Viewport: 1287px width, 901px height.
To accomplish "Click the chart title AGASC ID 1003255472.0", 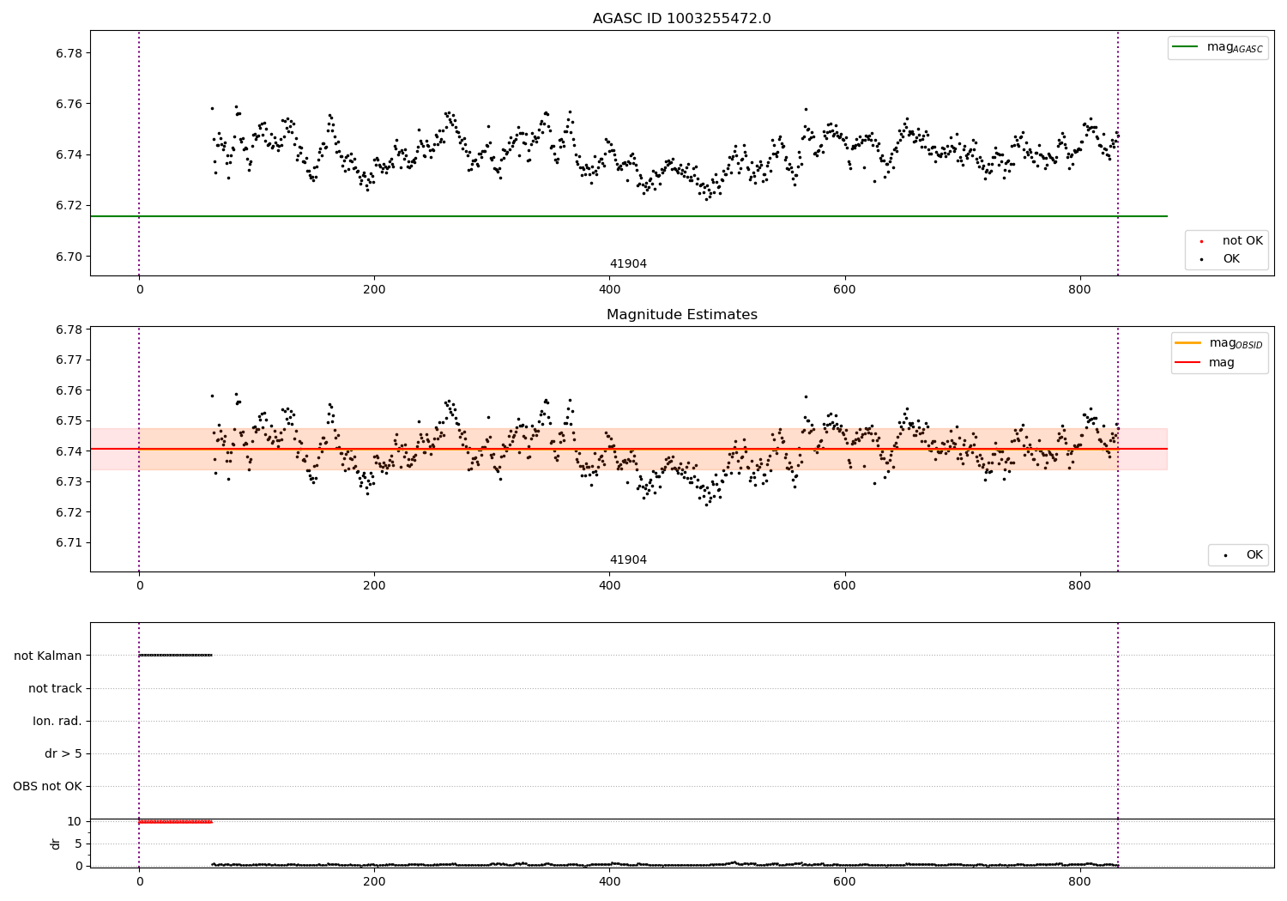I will (x=681, y=19).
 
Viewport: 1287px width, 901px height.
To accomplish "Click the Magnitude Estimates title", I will (x=681, y=315).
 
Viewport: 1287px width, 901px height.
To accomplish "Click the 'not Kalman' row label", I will (x=47, y=656).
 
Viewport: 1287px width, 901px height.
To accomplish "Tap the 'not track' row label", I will (x=55, y=688).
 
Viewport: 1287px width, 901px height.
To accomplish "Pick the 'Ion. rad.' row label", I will (x=57, y=721).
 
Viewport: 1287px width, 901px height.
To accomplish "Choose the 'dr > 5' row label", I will (x=63, y=753).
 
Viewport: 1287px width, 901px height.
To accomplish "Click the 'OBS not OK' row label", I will (x=47, y=786).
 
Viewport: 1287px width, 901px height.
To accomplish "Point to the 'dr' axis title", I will (x=56, y=844).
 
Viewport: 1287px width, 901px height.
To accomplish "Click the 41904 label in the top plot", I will (x=628, y=264).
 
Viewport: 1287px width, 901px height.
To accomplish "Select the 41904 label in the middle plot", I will (x=628, y=560).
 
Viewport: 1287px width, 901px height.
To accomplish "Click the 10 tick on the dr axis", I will (x=74, y=821).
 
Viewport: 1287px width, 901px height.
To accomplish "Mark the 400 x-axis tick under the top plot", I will (x=609, y=289).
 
